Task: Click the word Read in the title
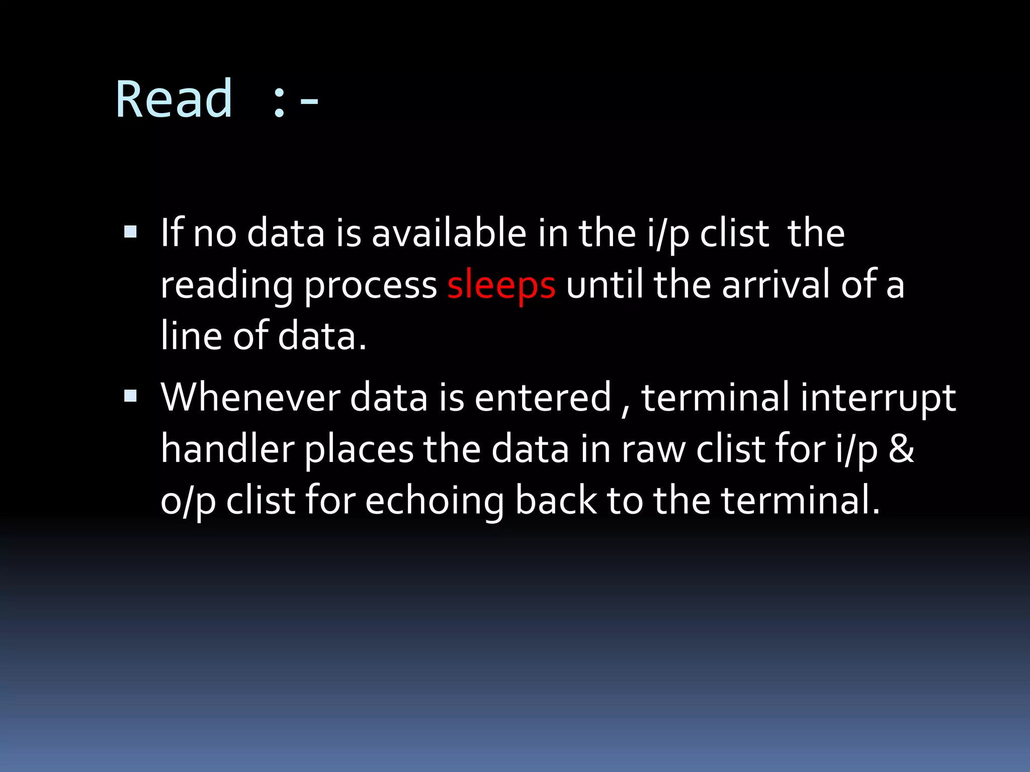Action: [174, 100]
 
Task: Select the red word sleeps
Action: [501, 285]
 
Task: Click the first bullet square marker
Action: [130, 232]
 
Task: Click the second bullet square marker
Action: [130, 396]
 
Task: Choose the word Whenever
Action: [250, 398]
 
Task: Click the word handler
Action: [227, 449]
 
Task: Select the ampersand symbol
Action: [901, 449]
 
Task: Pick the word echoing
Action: [435, 502]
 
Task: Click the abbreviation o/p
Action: [188, 502]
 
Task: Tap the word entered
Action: [543, 398]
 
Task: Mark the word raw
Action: [653, 450]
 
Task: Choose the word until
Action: [604, 285]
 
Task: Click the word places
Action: [359, 450]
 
